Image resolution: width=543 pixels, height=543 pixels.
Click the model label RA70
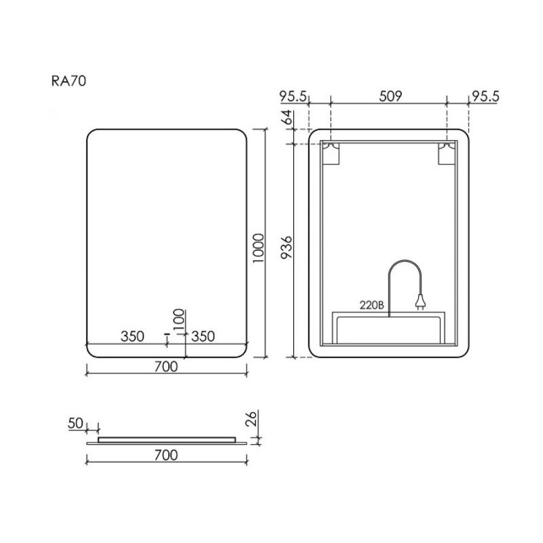pos(69,81)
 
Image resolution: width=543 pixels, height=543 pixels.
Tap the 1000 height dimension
pos(258,248)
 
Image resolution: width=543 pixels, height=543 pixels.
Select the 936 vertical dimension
pos(287,247)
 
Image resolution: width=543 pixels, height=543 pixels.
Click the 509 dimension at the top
pos(390,97)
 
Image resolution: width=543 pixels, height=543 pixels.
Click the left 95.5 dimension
pos(293,97)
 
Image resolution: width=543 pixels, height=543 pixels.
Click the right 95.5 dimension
pos(486,97)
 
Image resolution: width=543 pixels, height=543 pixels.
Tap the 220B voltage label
pos(372,305)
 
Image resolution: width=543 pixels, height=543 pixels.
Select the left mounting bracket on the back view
pos(331,154)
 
